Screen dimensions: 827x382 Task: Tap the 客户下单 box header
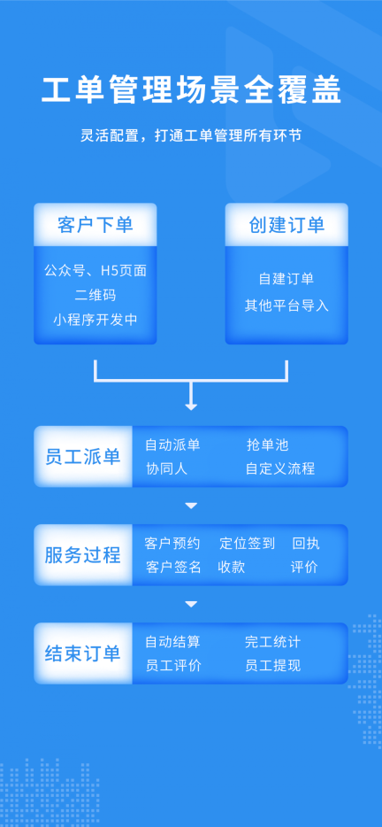95,225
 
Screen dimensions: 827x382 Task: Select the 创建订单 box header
286,225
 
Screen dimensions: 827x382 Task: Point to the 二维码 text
95,295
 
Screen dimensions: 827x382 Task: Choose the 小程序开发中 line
95,320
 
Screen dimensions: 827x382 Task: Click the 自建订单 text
286,279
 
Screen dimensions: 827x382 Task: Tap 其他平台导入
286,305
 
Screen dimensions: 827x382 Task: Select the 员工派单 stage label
82,457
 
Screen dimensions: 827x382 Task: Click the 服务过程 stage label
82,555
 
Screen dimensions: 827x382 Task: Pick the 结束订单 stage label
82,653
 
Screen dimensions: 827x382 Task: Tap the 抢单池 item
267,445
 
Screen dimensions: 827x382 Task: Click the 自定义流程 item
280,468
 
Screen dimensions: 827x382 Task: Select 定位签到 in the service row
247,544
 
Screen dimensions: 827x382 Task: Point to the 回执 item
305,544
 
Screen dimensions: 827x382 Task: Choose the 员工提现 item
272,665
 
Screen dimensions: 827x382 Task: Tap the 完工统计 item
272,642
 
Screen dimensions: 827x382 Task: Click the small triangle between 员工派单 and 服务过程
191,506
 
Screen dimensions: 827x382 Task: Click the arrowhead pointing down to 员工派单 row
191,405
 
